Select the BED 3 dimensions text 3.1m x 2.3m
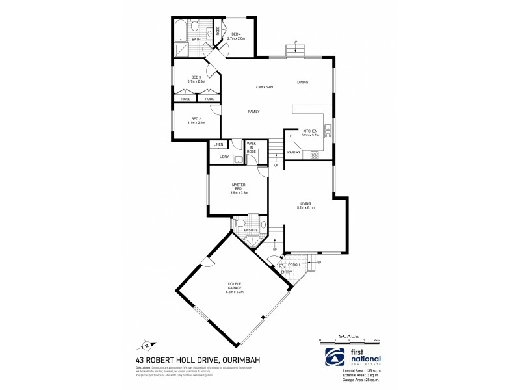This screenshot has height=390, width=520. pos(196,81)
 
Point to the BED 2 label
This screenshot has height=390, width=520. pos(196,119)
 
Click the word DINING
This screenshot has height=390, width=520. pos(302,82)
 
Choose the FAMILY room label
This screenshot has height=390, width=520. pos(254,112)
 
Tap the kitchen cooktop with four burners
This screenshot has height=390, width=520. pos(315,155)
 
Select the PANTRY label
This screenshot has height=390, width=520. pos(294,152)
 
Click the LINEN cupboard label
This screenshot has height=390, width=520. pos(218,144)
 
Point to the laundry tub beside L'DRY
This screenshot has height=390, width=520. pos(238,159)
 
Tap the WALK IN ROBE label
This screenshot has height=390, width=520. pos(251,147)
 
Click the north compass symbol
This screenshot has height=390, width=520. pos(147,345)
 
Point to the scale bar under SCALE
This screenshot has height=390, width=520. pos(350,339)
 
